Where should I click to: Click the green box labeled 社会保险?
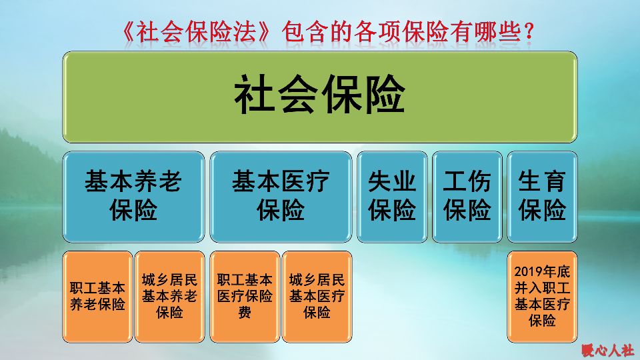pos(320,97)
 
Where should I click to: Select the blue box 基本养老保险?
pos(133,196)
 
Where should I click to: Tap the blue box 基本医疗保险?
pos(281,196)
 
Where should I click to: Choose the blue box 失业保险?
pos(392,196)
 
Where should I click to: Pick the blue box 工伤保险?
pos(467,196)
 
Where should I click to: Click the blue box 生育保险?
pos(542,196)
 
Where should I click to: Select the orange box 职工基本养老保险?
pos(97,297)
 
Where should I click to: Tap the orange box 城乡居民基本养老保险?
pos(169,297)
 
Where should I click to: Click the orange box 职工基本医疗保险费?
pos(245,297)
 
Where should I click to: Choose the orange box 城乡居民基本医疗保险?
pos(317,297)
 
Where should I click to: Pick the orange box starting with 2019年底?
pos(542,297)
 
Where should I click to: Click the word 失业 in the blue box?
pos(392,181)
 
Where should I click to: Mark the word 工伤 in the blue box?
pos(467,181)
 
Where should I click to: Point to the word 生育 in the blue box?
pos(542,181)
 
